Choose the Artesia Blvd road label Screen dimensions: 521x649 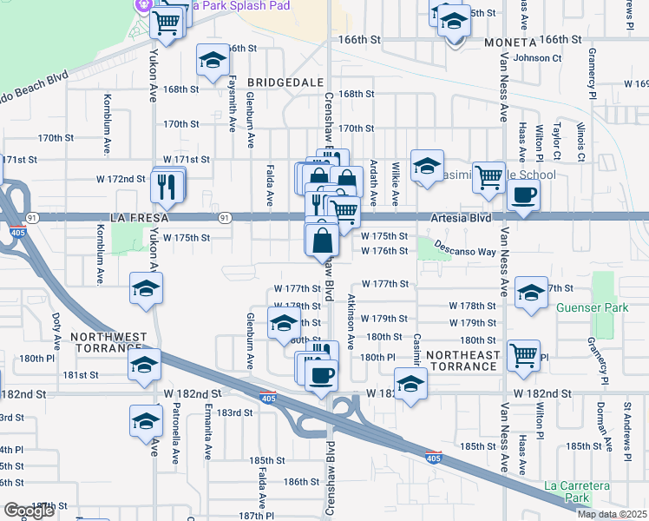pos(459,217)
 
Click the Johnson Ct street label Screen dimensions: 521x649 pos(538,58)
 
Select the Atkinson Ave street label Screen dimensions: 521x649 pos(351,320)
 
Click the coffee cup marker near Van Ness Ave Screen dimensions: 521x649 pos(523,195)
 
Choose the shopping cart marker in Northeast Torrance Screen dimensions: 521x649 pos(524,354)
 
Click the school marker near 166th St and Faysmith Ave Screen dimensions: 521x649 pos(212,61)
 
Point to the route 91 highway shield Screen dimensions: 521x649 pos(225,217)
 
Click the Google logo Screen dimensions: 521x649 pos(29,511)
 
